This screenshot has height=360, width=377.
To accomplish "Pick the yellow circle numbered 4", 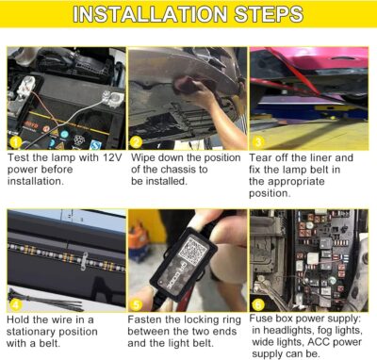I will point(14,303).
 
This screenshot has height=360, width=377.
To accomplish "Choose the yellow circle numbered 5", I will point(137,303).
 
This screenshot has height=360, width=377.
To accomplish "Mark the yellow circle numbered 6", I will point(257,303).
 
